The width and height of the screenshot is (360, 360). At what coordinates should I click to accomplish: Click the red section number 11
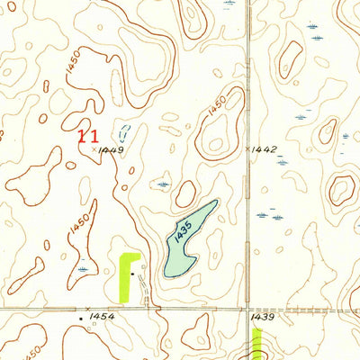click(x=88, y=136)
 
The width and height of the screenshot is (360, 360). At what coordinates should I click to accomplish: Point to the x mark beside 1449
click(x=94, y=149)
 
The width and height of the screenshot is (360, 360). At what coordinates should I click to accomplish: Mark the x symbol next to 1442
click(x=247, y=147)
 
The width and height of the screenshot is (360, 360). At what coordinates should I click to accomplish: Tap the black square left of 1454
click(x=82, y=318)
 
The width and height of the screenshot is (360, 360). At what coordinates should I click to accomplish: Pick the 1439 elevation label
click(x=264, y=317)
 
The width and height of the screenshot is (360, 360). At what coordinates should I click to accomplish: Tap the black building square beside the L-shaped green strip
click(x=132, y=271)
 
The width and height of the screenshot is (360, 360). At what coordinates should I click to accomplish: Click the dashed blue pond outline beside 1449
click(x=124, y=135)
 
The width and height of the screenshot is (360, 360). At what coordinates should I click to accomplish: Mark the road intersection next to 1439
click(x=248, y=309)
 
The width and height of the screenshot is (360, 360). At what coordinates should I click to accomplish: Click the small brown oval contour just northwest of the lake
click(x=185, y=193)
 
